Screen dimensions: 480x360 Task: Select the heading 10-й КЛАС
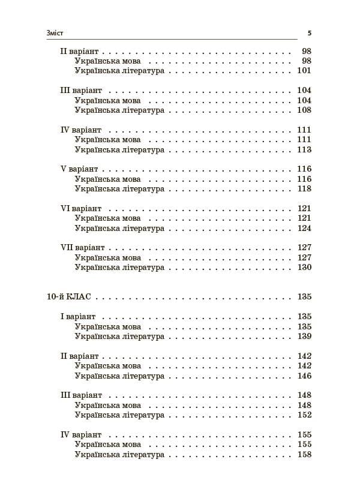point(71,296)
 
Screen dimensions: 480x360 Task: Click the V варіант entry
point(79,169)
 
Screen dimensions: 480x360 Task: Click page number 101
point(304,71)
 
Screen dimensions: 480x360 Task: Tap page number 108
point(304,110)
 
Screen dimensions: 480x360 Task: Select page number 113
point(304,149)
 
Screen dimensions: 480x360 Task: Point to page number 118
point(304,189)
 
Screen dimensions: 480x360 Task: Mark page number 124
point(304,228)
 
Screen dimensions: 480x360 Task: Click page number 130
point(304,267)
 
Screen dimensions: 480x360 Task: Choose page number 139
point(304,337)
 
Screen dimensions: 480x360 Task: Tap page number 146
point(304,376)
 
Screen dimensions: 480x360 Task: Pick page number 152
point(304,415)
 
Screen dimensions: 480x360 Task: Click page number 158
point(304,455)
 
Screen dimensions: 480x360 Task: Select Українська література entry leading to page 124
point(119,228)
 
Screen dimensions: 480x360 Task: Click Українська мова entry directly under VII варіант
point(108,257)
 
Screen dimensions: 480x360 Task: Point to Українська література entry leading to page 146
point(119,376)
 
